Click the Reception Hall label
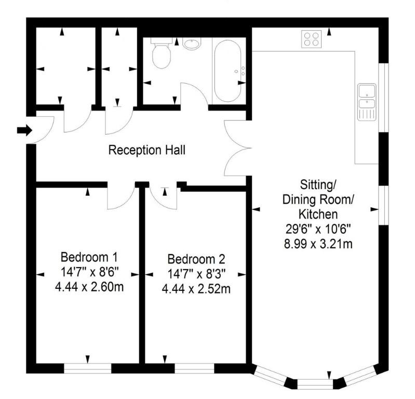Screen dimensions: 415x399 (x=146, y=150)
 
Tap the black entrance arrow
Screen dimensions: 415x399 (x=24, y=130)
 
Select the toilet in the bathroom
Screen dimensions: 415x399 (x=161, y=53)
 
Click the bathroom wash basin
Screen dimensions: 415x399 (x=192, y=44)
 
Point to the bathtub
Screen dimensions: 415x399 (x=228, y=71)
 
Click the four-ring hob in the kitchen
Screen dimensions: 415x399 (x=312, y=39)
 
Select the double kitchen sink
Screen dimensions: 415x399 (x=367, y=102)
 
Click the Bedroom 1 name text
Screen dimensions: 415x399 (x=89, y=257)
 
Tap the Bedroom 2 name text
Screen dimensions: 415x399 (x=196, y=259)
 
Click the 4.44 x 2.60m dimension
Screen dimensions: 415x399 (x=89, y=287)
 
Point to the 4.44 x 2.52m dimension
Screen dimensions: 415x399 (x=196, y=289)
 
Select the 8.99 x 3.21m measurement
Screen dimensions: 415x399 (x=318, y=244)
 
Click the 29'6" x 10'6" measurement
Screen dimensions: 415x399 (x=318, y=229)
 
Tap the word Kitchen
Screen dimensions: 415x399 (x=318, y=214)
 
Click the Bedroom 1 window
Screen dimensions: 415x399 (x=88, y=368)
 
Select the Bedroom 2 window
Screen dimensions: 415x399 (x=194, y=368)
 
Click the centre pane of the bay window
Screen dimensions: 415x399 (x=315, y=384)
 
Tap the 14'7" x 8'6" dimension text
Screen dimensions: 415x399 (x=89, y=272)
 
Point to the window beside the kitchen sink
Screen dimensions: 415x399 (x=383, y=98)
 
